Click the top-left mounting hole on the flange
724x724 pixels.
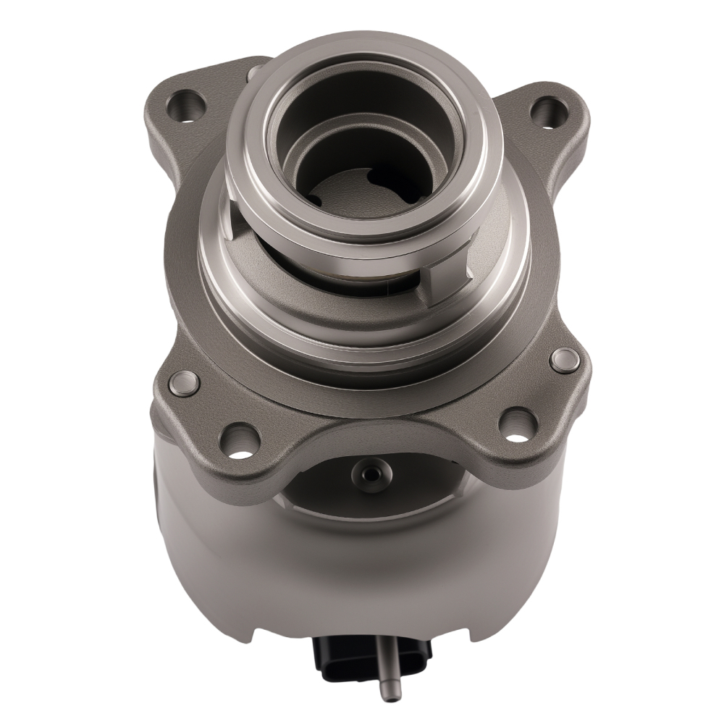point(187,106)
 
